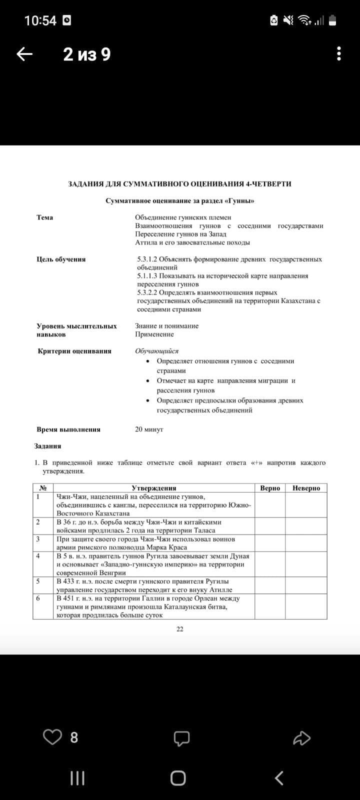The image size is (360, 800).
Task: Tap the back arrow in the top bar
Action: point(24,54)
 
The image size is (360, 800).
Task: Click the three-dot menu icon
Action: point(339,54)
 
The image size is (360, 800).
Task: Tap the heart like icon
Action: point(52,737)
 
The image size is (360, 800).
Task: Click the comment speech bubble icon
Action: point(181,737)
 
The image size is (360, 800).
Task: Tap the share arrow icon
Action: point(301,737)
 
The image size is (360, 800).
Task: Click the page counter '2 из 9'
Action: point(87,54)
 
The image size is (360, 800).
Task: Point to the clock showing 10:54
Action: point(40,20)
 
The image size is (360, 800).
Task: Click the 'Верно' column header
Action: point(270,488)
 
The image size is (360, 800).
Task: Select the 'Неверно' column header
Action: point(306,488)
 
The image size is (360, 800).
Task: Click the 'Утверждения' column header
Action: point(154,488)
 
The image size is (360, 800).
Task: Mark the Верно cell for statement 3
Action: point(270,543)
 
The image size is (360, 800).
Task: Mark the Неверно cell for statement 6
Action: point(306,606)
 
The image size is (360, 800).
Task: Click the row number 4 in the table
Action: point(38,556)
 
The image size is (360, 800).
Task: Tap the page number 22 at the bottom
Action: point(180,629)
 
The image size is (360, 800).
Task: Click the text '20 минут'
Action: point(149,429)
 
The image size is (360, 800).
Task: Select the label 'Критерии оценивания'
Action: point(74,351)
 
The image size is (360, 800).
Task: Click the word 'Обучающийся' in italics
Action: point(156,351)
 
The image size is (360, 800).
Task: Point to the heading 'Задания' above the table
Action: point(47,446)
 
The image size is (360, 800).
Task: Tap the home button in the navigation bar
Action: point(178,778)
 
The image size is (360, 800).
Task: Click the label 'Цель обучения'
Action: point(61,259)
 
